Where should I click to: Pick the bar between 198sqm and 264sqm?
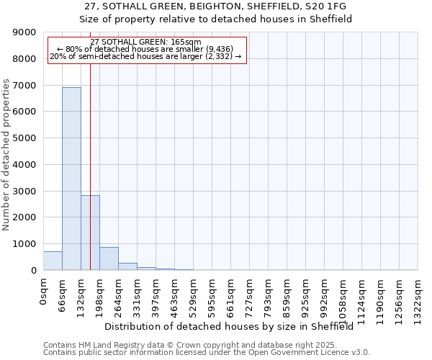(109, 258)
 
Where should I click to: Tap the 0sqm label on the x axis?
(44, 292)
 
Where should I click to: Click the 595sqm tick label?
(212, 296)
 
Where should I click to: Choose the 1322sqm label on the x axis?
(418, 299)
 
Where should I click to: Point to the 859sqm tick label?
(287, 296)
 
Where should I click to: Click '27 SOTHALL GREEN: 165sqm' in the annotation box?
(146, 42)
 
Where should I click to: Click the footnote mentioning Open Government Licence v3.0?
(207, 352)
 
